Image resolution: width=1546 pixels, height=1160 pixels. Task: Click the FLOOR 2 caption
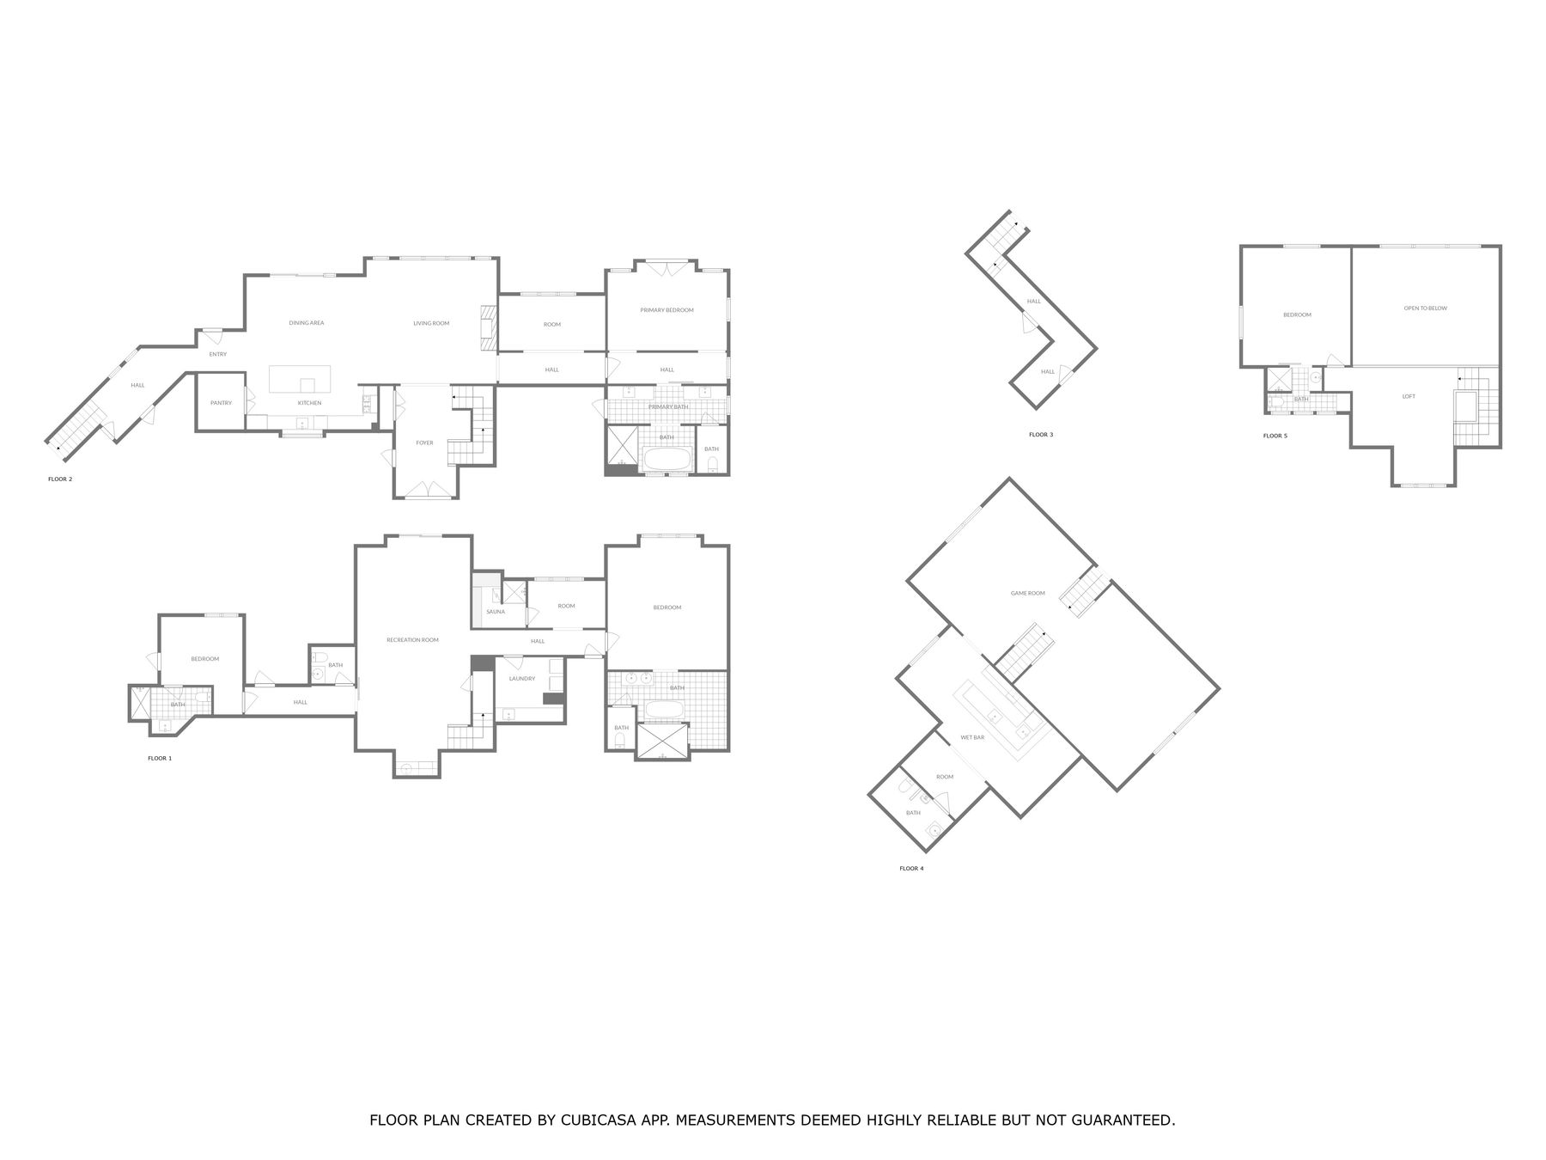pyautogui.click(x=60, y=479)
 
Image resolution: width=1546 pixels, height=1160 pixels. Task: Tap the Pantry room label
pyautogui.click(x=221, y=403)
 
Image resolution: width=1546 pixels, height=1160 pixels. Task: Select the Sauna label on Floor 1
pyautogui.click(x=496, y=612)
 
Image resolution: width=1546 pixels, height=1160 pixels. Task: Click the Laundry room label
pyautogui.click(x=521, y=679)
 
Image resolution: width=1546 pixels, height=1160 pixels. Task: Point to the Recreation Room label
pyautogui.click(x=412, y=640)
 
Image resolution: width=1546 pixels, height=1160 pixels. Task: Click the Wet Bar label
pyautogui.click(x=972, y=737)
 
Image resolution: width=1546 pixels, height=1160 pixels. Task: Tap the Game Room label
pyautogui.click(x=1027, y=593)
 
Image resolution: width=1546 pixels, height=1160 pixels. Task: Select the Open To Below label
pyautogui.click(x=1425, y=308)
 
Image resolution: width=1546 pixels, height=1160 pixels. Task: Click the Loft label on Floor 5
pyautogui.click(x=1409, y=396)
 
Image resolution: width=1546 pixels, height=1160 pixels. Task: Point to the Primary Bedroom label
pyautogui.click(x=666, y=310)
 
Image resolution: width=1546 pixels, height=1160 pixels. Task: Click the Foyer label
pyautogui.click(x=424, y=443)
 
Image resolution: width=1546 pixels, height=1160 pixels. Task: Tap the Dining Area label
pyautogui.click(x=306, y=323)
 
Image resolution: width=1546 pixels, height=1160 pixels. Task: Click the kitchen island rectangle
pyautogui.click(x=300, y=379)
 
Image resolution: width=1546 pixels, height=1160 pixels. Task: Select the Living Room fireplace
pyautogui.click(x=488, y=327)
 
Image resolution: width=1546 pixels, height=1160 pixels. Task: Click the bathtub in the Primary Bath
pyautogui.click(x=666, y=459)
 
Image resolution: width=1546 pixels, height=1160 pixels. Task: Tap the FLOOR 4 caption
pyautogui.click(x=911, y=869)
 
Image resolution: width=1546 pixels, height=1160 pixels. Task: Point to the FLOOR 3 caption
pyautogui.click(x=1041, y=435)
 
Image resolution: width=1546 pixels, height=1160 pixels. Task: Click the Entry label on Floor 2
pyautogui.click(x=218, y=355)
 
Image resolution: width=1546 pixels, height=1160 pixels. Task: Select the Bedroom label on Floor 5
pyautogui.click(x=1297, y=314)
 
